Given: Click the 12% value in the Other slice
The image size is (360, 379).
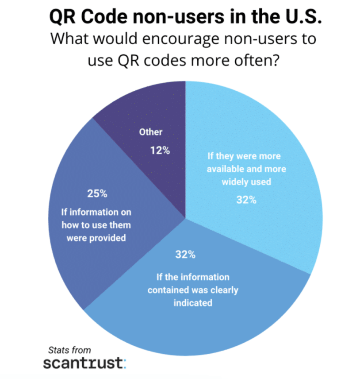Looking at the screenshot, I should [x=160, y=151].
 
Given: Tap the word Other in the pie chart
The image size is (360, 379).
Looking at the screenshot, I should [x=151, y=132].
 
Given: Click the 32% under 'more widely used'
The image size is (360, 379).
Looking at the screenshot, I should [x=246, y=200].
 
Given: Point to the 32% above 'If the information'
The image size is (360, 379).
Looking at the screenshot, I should [x=185, y=255].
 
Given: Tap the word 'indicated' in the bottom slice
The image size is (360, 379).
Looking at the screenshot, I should [x=193, y=303].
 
